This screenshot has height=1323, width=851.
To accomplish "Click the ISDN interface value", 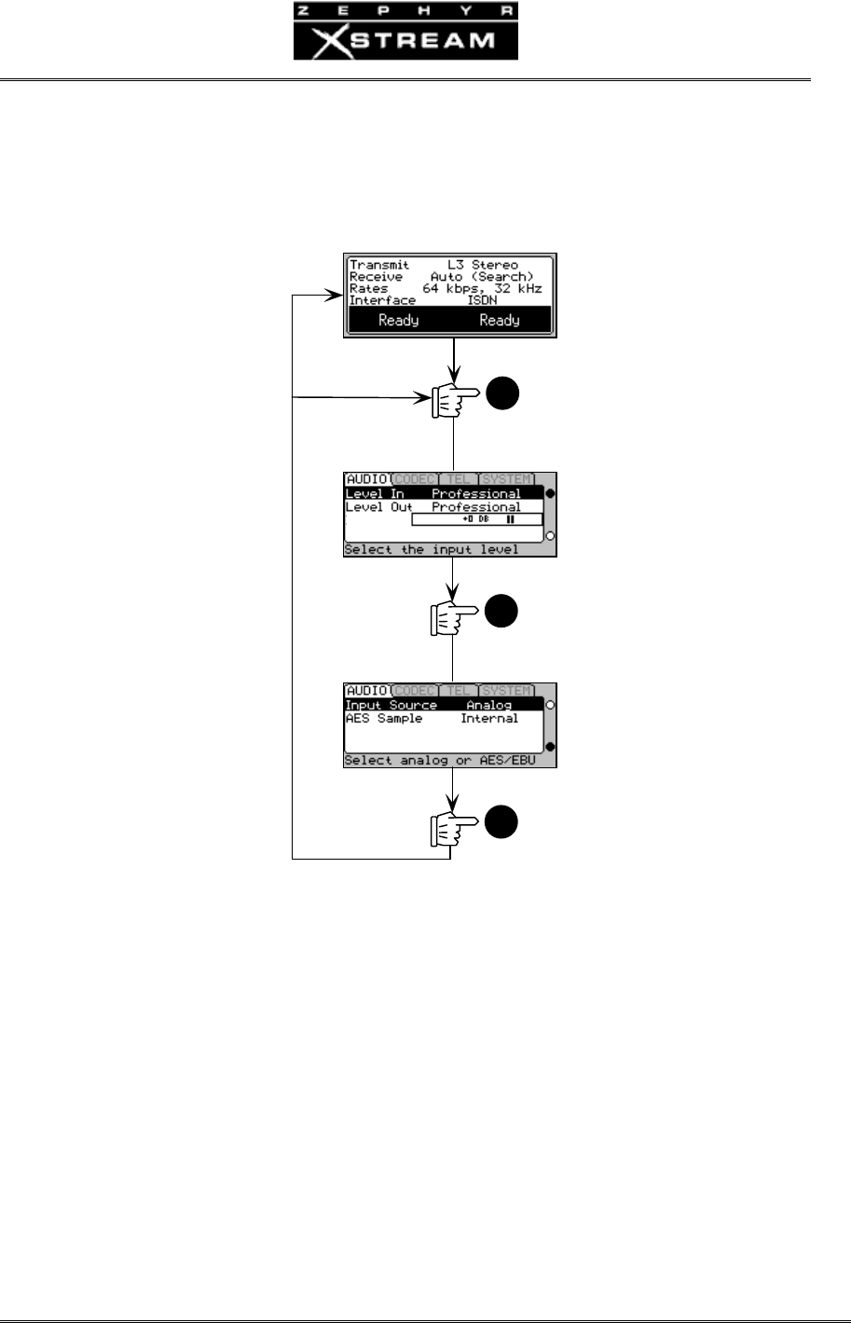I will tap(484, 300).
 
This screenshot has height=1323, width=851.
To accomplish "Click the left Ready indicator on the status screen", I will tap(398, 320).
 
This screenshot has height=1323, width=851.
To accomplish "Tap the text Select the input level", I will tap(431, 550).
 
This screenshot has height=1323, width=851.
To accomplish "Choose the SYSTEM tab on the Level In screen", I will tap(507, 479).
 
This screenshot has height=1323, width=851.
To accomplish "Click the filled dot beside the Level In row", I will tap(550, 493).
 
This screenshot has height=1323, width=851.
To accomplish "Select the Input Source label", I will tap(391, 705).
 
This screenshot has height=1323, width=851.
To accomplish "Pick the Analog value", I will tap(489, 705).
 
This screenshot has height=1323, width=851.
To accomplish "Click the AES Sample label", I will tap(384, 719).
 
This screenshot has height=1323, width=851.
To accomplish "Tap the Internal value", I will tap(489, 719).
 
